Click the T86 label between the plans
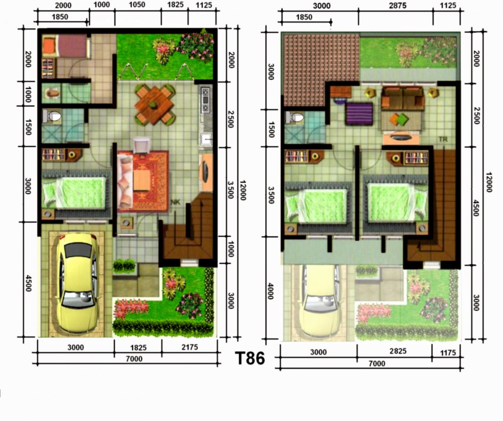click(x=250, y=358)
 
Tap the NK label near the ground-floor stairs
click(x=175, y=202)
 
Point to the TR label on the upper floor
click(x=443, y=139)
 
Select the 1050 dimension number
click(x=137, y=5)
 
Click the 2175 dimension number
click(x=190, y=347)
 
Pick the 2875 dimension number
click(x=397, y=5)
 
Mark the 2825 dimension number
click(x=398, y=351)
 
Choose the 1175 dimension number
click(x=448, y=353)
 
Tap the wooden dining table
click(x=154, y=105)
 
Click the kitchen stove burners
click(x=206, y=100)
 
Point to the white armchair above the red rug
click(x=141, y=145)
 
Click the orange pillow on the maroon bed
click(x=49, y=46)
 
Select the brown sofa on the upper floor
click(x=403, y=98)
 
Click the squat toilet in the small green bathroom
click(x=52, y=93)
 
